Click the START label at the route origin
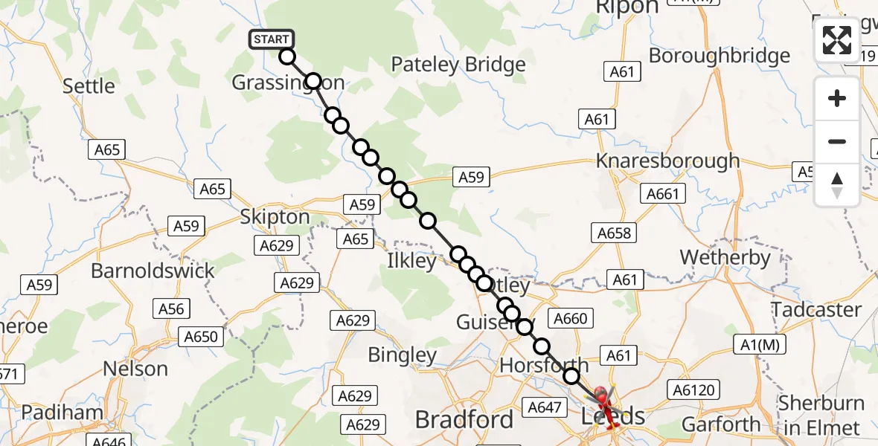(272, 39)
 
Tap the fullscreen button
(837, 40)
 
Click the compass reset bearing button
(837, 184)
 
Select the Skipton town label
(275, 217)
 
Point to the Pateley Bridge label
(458, 65)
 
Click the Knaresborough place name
(668, 161)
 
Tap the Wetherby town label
(725, 258)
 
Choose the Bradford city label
(464, 419)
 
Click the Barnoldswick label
(153, 270)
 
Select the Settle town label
(89, 86)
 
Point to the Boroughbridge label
(720, 56)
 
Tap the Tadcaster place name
(816, 309)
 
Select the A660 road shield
(571, 319)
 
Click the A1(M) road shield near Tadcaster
(760, 344)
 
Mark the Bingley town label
(402, 355)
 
